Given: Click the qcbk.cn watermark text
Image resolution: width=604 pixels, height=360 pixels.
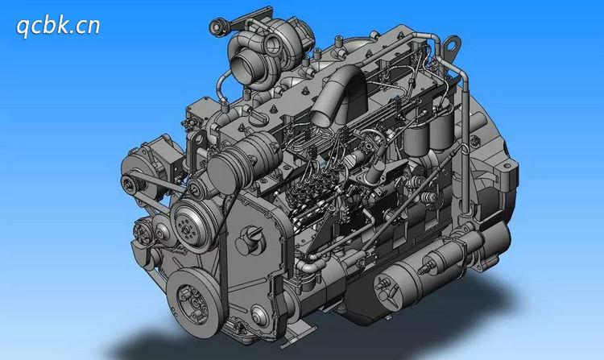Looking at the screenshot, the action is pos(58,27).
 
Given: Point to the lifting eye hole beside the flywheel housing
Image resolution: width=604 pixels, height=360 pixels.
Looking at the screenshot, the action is pos(453,45).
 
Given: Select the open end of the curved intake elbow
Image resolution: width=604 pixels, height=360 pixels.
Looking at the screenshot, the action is pos(321,113).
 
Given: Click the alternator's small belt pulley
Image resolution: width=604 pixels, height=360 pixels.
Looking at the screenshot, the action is pos(130,184).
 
